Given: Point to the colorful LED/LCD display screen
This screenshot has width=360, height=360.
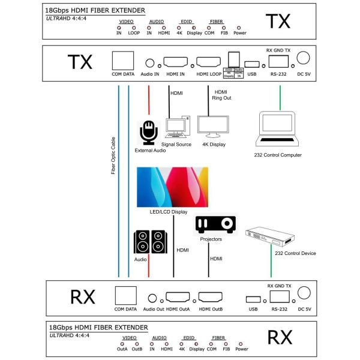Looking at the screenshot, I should click(172, 187).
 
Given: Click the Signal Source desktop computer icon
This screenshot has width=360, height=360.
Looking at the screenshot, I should click(176, 128).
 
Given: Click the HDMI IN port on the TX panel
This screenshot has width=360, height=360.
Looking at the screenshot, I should click(176, 62).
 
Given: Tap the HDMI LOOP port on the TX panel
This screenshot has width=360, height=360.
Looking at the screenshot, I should click(209, 62).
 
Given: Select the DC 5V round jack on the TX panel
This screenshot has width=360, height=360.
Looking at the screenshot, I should click(304, 58).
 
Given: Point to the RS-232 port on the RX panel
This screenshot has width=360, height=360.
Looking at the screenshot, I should click(280, 295).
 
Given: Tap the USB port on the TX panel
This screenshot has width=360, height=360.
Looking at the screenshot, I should click(253, 64).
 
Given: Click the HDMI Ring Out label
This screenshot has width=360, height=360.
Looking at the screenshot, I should click(221, 95).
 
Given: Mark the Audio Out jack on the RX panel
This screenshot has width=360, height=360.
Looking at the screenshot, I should click(154, 298).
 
